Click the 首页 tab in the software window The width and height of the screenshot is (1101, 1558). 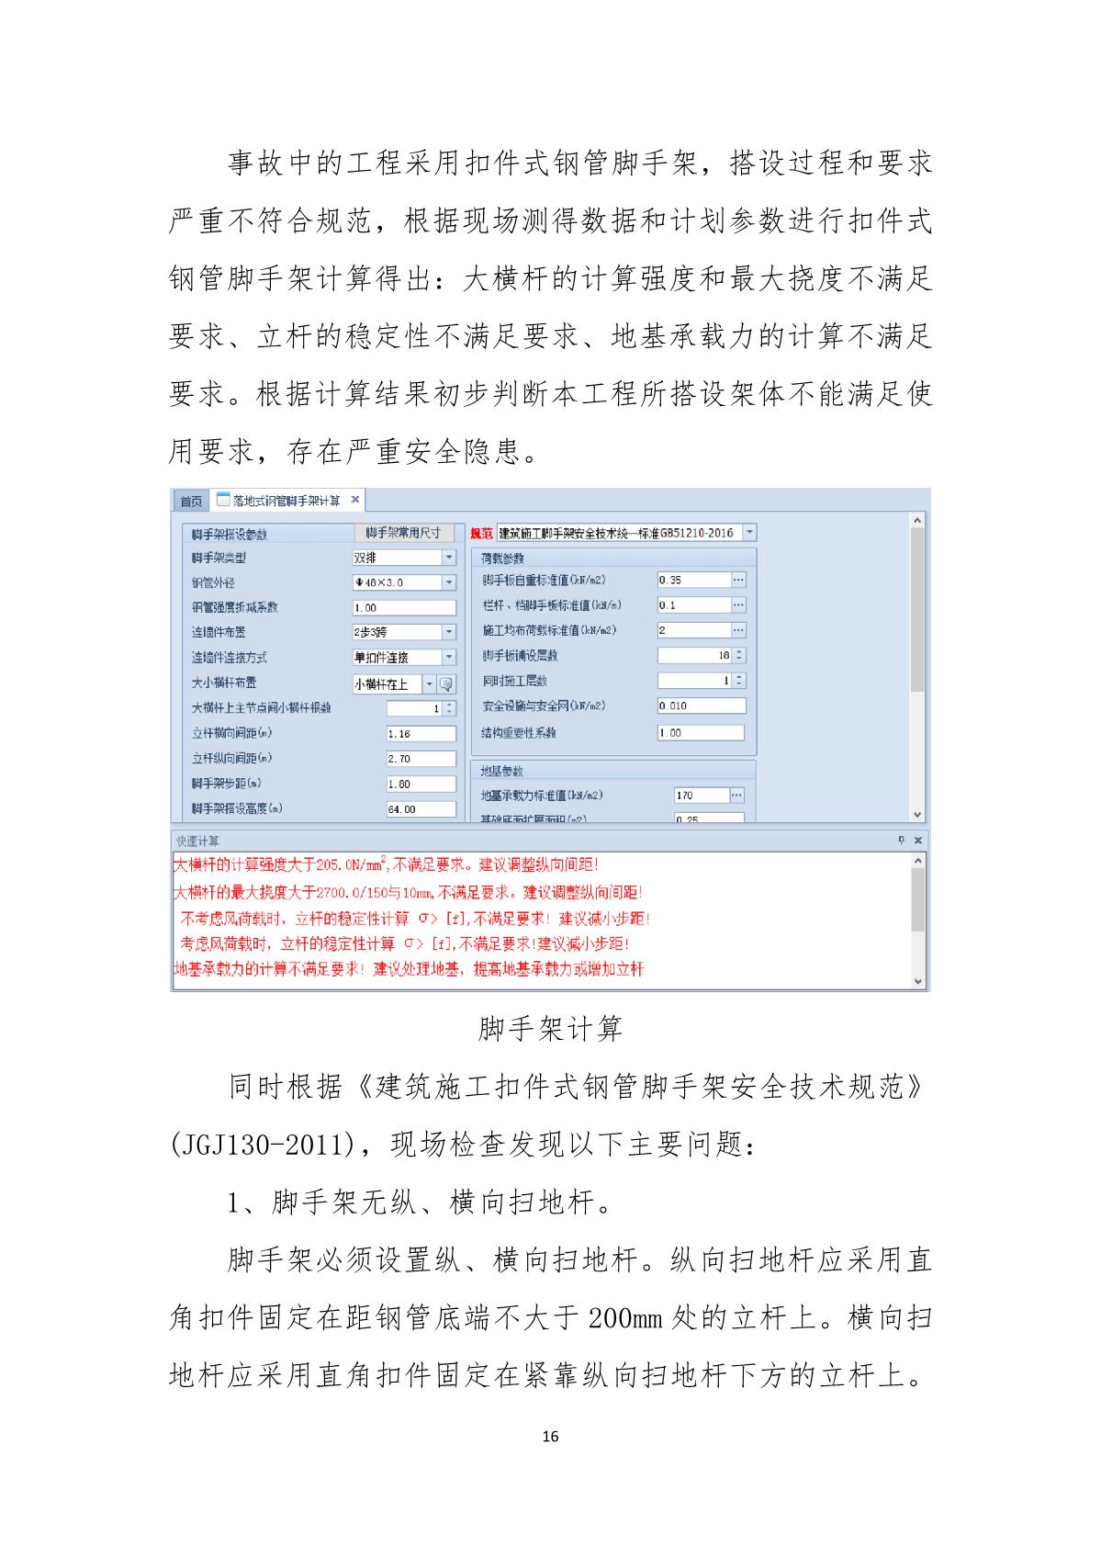click(x=191, y=501)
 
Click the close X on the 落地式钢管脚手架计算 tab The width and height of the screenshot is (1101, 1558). click(x=355, y=500)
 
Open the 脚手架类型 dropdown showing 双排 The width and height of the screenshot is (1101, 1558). click(x=448, y=558)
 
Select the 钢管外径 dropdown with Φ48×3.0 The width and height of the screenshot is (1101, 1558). click(x=448, y=582)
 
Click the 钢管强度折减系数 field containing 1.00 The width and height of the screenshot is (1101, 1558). click(x=404, y=607)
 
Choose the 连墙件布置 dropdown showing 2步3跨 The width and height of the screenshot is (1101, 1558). click(x=448, y=632)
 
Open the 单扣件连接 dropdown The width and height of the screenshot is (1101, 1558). click(x=448, y=658)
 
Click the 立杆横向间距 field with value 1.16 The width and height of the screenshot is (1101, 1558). click(x=421, y=734)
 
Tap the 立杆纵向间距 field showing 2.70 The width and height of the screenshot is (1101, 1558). click(x=421, y=759)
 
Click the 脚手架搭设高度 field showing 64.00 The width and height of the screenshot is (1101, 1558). click(x=421, y=809)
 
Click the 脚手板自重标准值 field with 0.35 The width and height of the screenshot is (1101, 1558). click(x=693, y=580)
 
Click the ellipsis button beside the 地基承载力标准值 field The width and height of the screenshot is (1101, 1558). click(x=736, y=796)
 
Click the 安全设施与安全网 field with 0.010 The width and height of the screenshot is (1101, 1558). click(x=701, y=706)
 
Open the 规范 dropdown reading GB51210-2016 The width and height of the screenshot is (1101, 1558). click(x=749, y=533)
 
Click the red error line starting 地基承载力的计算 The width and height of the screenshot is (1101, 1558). click(x=409, y=969)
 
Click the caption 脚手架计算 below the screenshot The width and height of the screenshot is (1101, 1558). click(x=550, y=1029)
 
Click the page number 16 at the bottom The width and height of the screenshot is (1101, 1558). click(x=550, y=1437)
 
